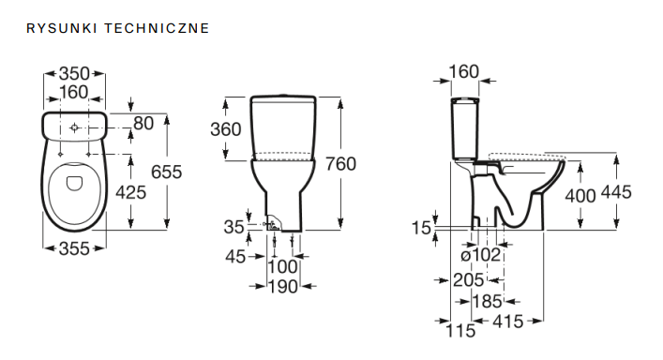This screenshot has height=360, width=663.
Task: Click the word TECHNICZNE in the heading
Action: click(x=157, y=28)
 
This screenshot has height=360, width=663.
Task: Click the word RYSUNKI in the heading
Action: click(x=62, y=28)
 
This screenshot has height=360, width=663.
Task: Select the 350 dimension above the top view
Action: click(x=74, y=73)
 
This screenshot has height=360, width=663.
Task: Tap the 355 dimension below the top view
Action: click(x=74, y=248)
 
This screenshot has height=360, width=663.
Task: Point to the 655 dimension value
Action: click(x=167, y=172)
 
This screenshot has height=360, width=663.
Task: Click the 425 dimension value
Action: click(x=131, y=192)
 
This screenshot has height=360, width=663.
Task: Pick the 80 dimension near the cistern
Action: click(x=143, y=124)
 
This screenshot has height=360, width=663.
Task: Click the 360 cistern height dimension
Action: click(x=226, y=129)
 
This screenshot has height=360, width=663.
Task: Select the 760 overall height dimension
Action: click(x=340, y=164)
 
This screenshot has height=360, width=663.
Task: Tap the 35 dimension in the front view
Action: click(x=234, y=227)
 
